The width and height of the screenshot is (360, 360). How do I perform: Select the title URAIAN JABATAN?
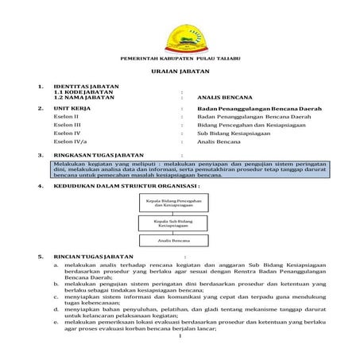click(x=180, y=72)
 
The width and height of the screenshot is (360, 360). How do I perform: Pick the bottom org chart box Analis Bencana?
click(x=173, y=240)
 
